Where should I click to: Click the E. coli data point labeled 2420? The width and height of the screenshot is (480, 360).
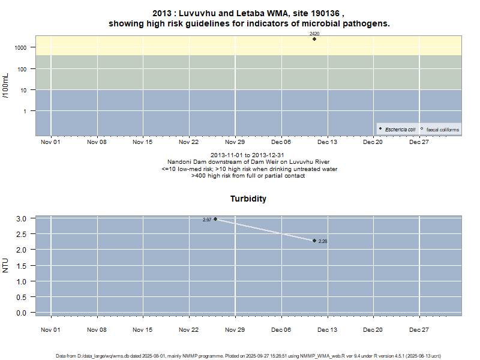(x=314, y=39)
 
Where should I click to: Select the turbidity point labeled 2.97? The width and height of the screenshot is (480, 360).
(x=215, y=219)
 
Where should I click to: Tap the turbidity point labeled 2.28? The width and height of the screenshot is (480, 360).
(x=314, y=241)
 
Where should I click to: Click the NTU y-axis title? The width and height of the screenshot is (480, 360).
(x=6, y=265)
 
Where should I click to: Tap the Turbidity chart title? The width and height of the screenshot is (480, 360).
(x=248, y=199)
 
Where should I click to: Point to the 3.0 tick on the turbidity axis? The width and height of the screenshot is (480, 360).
(x=22, y=218)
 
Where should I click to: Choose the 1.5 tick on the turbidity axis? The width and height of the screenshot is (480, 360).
(x=22, y=265)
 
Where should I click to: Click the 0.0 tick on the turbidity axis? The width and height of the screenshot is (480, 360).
(x=22, y=313)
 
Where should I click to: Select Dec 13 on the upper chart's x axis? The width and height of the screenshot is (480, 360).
(x=327, y=142)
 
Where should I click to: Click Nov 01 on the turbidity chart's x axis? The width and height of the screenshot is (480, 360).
(x=50, y=329)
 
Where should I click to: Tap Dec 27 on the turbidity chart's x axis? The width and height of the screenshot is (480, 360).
(x=419, y=329)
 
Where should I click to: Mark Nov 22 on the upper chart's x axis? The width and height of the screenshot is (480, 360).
(x=189, y=142)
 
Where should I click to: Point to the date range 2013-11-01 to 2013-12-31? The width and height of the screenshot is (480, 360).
(x=248, y=156)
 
